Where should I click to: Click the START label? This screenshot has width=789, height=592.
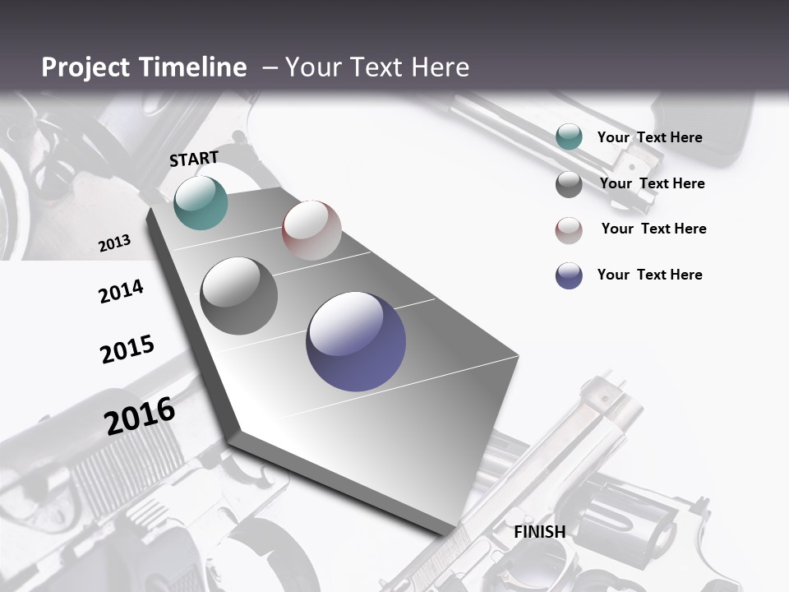tap(194, 159)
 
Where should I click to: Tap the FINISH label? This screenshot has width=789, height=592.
tap(539, 532)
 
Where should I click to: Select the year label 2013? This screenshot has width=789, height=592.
tap(115, 243)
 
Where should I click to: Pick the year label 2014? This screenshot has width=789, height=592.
tap(121, 291)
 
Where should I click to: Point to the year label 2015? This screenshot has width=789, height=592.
tap(127, 349)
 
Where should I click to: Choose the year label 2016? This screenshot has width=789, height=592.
tap(140, 415)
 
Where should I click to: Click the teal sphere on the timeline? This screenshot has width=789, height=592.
tap(201, 202)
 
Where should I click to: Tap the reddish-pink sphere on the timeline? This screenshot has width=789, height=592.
tap(311, 230)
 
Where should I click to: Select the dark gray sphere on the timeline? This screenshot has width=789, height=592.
tap(239, 296)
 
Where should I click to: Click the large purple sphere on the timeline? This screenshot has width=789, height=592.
tap(356, 341)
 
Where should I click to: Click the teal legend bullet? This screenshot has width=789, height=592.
tap(569, 137)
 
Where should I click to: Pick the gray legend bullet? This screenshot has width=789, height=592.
tap(569, 184)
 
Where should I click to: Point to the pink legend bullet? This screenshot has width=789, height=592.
tap(569, 230)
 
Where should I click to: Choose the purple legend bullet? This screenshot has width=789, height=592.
tap(569, 275)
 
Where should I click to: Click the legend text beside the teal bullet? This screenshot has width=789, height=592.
tap(649, 137)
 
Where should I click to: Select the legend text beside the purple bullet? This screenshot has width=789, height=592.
tap(649, 275)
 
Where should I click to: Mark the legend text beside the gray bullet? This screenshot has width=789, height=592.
tap(652, 183)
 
